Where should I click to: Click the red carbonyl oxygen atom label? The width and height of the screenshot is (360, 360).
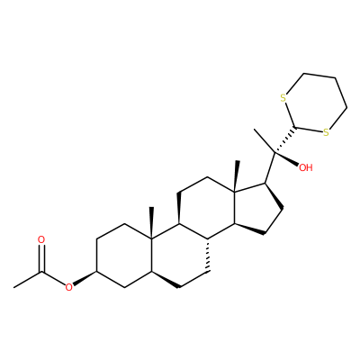tap(41, 239)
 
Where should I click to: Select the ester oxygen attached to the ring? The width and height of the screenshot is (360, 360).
tap(69, 287)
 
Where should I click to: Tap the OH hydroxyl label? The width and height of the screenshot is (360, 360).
tap(306, 167)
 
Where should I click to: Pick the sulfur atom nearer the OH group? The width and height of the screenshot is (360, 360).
tap(326, 132)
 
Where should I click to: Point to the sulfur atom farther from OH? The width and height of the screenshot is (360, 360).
tap(283, 98)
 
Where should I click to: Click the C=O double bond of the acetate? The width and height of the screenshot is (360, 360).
tap(41, 258)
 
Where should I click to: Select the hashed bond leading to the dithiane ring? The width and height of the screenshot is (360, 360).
tap(285, 140)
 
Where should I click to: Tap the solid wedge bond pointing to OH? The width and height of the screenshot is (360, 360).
tap(286, 159)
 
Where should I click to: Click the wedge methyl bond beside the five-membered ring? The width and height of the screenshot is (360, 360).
tap(237, 175)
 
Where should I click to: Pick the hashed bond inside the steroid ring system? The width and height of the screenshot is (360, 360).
tap(207, 255)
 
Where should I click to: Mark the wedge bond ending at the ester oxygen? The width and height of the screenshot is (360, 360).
tap(85, 278)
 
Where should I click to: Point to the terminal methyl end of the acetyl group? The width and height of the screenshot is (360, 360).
tap(14, 287)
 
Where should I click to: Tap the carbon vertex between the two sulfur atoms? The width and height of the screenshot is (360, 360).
tap(296, 128)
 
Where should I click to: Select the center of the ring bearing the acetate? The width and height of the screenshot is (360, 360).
tap(124, 256)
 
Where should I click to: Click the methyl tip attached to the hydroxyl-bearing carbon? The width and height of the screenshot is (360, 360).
tap(255, 130)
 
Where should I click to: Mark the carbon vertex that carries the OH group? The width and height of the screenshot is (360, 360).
tap(274, 153)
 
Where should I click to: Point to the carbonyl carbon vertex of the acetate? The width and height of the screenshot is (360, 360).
tap(41, 272)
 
